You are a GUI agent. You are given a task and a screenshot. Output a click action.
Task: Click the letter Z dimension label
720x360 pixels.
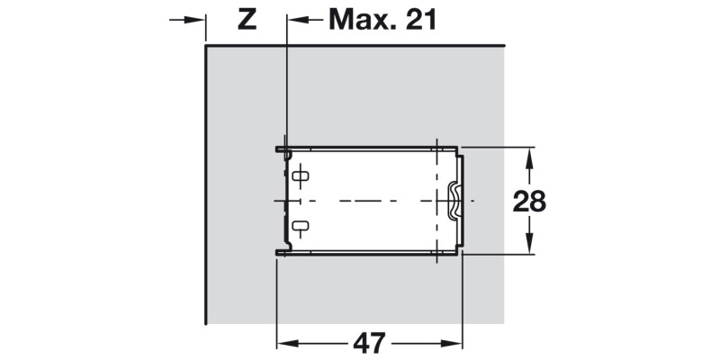[x=247, y=19]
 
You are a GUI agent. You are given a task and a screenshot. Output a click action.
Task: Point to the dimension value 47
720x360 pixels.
[x=369, y=343]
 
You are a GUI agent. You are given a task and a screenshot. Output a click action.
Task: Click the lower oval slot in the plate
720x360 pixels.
[x=301, y=226]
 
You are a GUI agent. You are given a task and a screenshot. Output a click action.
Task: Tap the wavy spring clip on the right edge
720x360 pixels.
[x=453, y=200]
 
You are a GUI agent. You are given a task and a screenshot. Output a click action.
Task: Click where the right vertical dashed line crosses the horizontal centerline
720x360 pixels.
[x=436, y=200]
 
